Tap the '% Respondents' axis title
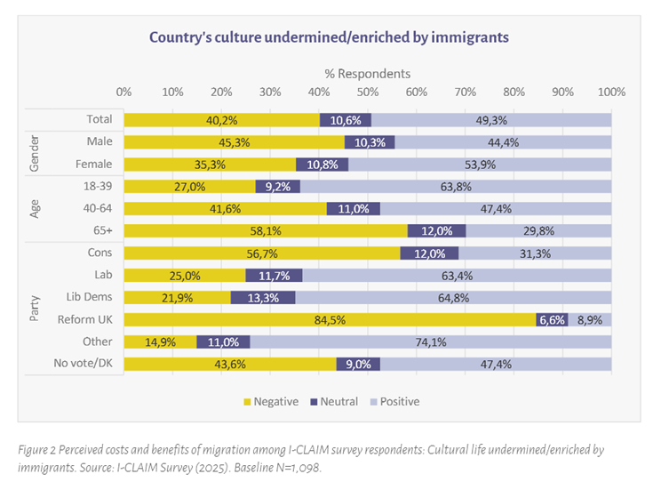[x=366, y=74]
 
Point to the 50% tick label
[x=367, y=92]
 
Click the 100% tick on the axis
[x=610, y=92]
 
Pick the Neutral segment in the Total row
[x=346, y=120]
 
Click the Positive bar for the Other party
[x=431, y=341]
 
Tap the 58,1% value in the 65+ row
[x=266, y=231]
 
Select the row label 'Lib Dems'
[x=90, y=297]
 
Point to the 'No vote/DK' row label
[x=84, y=364]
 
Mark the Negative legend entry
[x=270, y=402]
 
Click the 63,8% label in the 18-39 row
[x=456, y=187]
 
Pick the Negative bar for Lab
[x=185, y=275]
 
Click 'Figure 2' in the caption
[x=39, y=450]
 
